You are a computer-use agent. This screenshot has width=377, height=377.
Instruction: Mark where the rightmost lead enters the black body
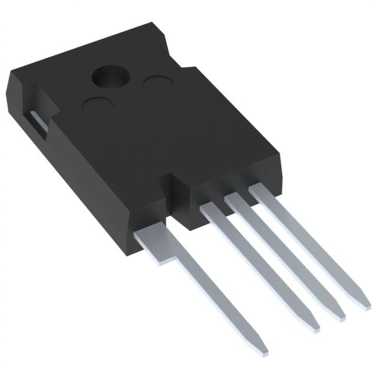coord(257,190)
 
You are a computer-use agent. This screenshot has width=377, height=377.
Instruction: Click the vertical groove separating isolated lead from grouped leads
coord(176,194)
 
